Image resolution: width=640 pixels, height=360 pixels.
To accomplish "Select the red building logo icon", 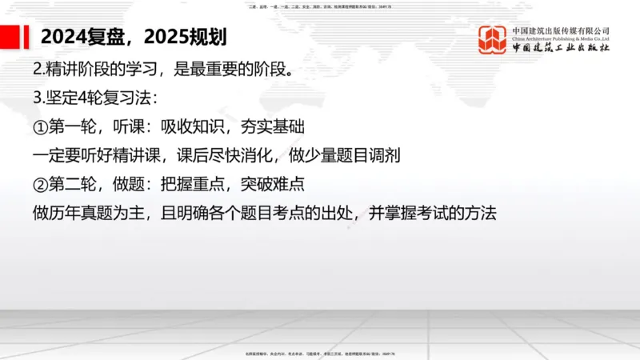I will tap(493, 39).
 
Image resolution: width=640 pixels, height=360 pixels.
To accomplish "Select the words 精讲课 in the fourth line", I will tap(150, 156).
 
